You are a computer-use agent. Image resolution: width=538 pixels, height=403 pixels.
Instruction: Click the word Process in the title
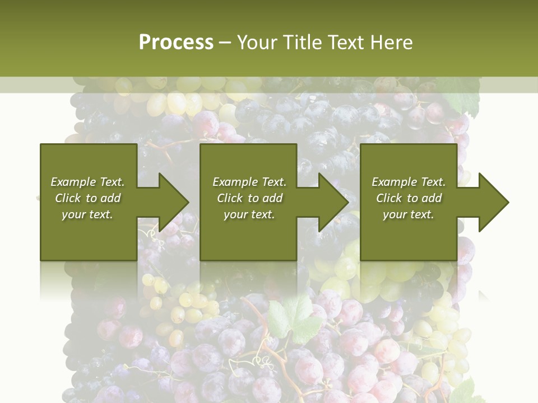[x=176, y=43]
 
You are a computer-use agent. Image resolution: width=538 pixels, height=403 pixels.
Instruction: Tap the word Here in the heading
[x=392, y=43]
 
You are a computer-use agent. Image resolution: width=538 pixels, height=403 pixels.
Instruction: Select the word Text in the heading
[x=346, y=43]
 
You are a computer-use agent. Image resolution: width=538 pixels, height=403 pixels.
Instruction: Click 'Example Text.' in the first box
[x=87, y=182]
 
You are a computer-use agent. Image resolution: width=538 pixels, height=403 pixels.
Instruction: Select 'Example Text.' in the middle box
[x=249, y=182]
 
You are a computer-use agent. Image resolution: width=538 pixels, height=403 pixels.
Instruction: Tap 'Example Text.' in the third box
[x=409, y=182]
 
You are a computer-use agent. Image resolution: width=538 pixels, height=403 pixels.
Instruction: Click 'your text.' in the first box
[x=87, y=214]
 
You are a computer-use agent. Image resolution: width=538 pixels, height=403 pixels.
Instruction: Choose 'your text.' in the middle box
[x=249, y=214]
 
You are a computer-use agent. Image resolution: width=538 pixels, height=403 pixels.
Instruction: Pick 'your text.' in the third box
[x=409, y=214]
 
